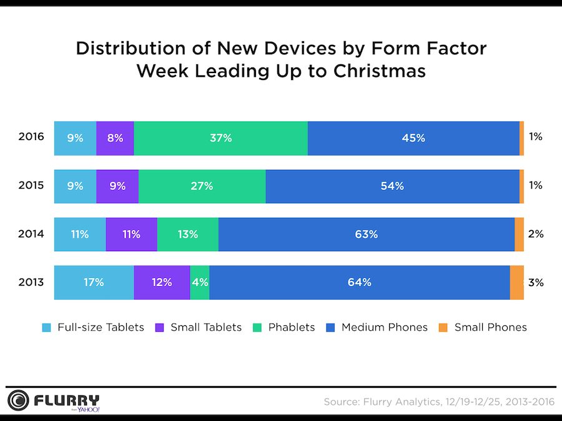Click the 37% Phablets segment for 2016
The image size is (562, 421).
(220, 138)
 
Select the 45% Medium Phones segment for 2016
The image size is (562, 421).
(413, 138)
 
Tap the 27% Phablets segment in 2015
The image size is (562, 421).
(202, 186)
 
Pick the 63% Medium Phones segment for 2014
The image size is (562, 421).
(366, 234)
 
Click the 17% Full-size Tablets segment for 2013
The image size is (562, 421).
(94, 282)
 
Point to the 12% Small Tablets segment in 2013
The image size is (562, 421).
(162, 282)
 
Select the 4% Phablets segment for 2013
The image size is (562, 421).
(199, 282)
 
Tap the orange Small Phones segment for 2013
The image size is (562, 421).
(516, 282)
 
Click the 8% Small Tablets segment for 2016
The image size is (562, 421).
(115, 138)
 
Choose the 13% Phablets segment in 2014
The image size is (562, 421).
(187, 234)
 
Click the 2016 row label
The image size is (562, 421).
(31, 137)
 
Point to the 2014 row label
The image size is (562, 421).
(31, 234)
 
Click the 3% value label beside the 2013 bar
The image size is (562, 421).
(536, 282)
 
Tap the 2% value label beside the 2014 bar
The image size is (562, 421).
(536, 234)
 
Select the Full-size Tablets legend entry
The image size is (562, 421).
(93, 327)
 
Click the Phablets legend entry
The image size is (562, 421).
(285, 327)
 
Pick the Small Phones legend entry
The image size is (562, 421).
(483, 327)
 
